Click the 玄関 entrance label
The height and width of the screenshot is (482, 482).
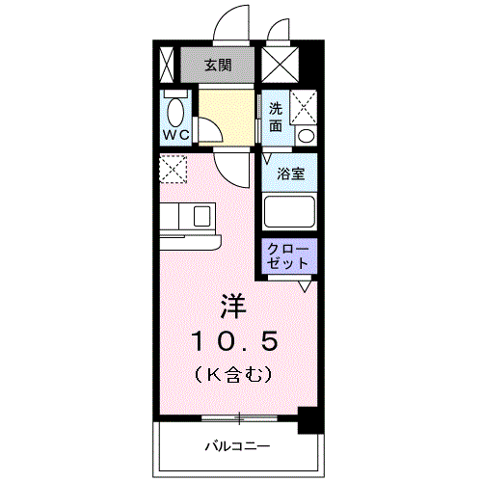216,66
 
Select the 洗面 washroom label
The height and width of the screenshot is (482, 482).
276,117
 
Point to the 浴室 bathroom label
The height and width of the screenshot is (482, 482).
291,174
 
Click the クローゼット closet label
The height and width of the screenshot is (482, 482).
290,254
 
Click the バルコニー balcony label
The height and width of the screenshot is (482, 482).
236,446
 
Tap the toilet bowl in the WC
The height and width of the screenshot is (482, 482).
174,106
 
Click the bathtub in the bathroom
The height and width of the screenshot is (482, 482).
290,212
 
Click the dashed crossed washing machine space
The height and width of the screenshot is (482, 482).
304,102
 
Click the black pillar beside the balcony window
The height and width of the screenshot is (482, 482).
309,419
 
